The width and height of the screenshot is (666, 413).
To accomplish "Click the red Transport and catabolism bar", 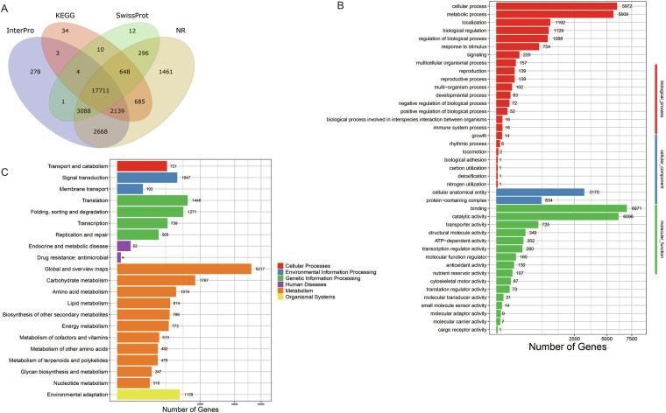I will coord(141,166).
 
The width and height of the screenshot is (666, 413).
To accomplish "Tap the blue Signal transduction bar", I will coord(147,178).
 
